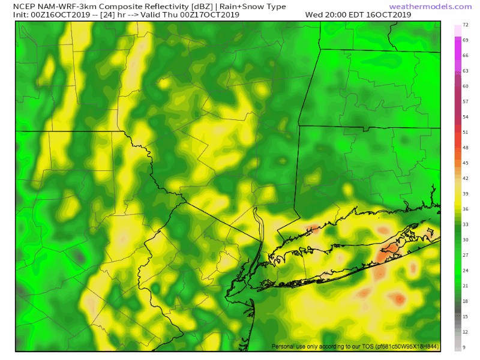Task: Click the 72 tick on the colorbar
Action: click(x=466, y=27)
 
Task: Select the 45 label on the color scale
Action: click(x=466, y=163)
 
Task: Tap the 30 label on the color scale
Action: click(x=466, y=239)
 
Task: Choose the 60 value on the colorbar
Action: click(x=466, y=86)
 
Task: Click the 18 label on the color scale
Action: click(x=466, y=301)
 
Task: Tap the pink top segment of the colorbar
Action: click(x=458, y=29)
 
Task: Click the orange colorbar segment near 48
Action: click(x=458, y=148)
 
